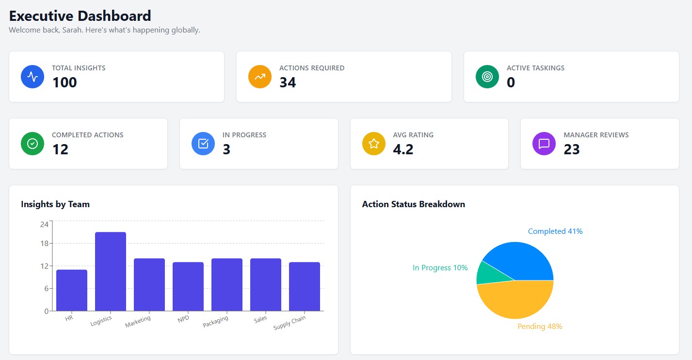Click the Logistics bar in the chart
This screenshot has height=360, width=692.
[x=111, y=272]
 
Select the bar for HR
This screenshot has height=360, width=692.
[x=72, y=290]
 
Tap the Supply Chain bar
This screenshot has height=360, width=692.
[x=305, y=286]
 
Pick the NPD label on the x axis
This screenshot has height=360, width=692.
[x=183, y=319]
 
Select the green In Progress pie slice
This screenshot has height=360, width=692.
[x=487, y=273]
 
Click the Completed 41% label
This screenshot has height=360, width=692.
[x=555, y=231]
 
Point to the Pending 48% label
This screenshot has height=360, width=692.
[x=540, y=327]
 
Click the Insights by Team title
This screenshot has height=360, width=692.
[x=55, y=204]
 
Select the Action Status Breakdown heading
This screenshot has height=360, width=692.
[x=413, y=204]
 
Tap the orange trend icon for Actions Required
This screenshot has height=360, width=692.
[x=260, y=77]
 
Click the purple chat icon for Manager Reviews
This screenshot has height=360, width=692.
[x=544, y=144]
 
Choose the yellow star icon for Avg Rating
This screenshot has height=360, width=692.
[x=373, y=144]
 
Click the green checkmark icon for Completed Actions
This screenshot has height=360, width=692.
[x=32, y=144]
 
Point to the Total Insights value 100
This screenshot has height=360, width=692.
[x=64, y=82]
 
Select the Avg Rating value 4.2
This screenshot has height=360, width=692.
[x=403, y=149]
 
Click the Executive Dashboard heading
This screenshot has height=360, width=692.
[x=80, y=16]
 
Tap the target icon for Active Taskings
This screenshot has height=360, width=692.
[x=487, y=77]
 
